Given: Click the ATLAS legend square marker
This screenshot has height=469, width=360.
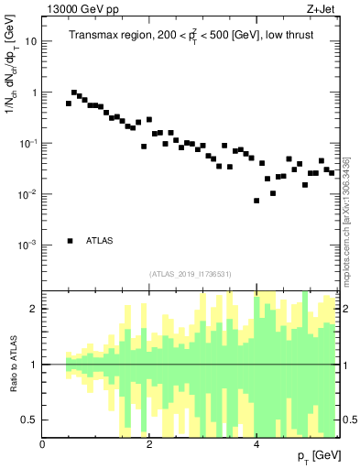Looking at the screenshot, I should click(70, 241).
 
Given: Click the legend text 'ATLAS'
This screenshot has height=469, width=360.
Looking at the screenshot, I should click(99, 241).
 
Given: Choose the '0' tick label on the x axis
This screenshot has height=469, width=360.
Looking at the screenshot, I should click(43, 444).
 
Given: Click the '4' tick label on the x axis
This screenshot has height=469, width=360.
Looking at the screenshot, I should click(256, 444).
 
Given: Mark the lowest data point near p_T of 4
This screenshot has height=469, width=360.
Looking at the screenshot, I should click(256, 201).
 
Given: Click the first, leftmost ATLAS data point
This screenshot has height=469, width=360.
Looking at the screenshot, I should click(69, 104).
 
